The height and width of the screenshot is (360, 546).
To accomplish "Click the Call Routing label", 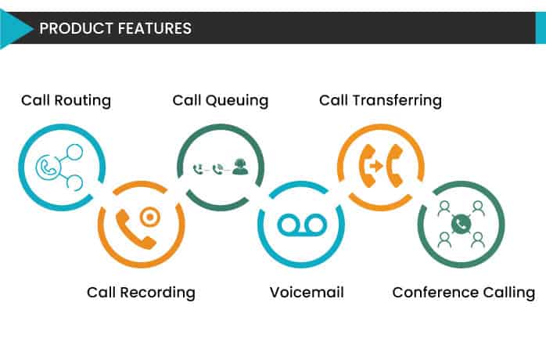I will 66,100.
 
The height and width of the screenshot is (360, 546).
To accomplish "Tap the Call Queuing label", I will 221,100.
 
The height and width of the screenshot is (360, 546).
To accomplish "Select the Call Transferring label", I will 380,100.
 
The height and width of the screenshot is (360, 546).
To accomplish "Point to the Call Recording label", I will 141,293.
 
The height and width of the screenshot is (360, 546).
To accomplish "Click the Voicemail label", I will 307,293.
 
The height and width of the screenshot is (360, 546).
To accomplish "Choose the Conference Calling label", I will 464,293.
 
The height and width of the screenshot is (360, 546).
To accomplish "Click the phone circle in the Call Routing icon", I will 46,167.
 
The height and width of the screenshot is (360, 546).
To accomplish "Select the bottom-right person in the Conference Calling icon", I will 476,239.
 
